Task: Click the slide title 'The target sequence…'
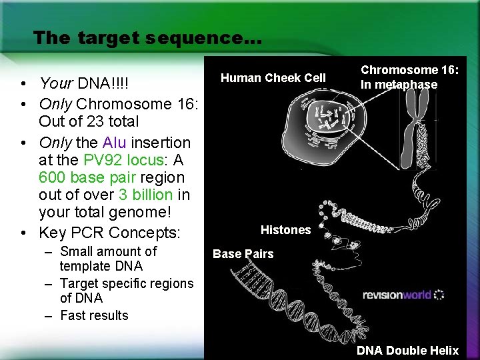[147, 37]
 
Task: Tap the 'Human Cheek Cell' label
[273, 78]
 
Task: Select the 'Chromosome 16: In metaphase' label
[409, 77]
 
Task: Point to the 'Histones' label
[285, 230]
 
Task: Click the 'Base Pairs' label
[243, 253]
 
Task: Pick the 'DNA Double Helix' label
[407, 351]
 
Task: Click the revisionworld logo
[403, 295]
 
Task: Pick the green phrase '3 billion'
[145, 195]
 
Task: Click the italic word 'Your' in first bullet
[55, 83]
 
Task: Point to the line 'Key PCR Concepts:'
[109, 233]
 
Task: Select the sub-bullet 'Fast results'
[94, 315]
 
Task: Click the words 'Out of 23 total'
[89, 121]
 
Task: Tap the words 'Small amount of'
[108, 251]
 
